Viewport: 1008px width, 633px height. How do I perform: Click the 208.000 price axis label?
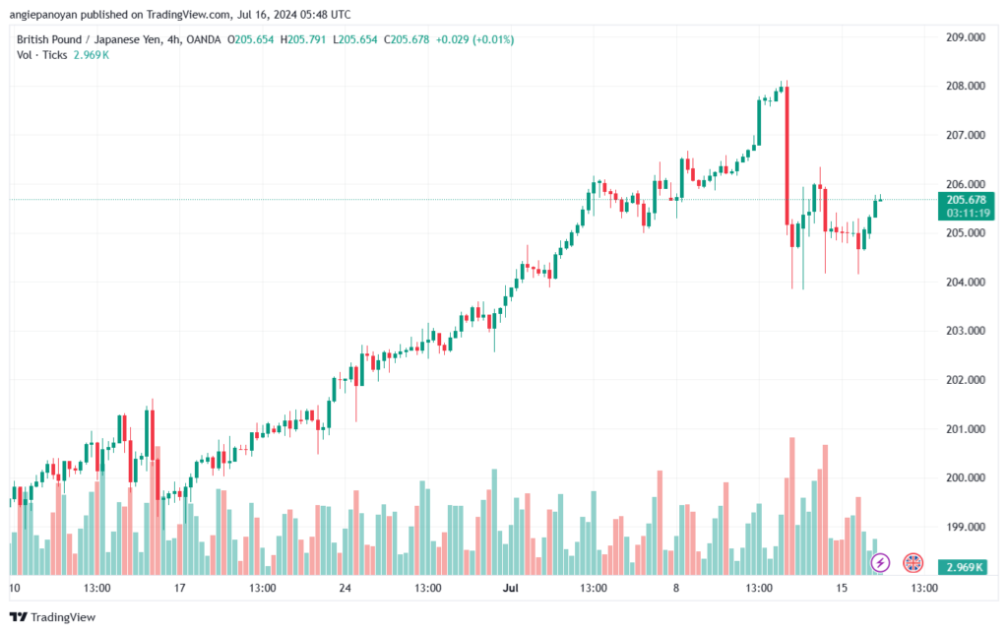tap(966, 86)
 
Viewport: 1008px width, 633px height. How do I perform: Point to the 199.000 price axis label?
tap(966, 527)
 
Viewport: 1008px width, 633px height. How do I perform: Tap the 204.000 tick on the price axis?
tap(966, 283)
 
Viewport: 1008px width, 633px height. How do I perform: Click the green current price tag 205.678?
tap(967, 200)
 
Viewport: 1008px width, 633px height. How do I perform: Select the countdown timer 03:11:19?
tap(969, 213)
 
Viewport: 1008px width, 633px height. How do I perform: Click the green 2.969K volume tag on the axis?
tap(963, 567)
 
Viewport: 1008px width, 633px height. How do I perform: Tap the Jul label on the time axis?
tap(511, 588)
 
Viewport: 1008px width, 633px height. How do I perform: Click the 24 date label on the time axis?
tap(346, 588)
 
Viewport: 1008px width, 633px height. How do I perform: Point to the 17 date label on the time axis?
tap(179, 588)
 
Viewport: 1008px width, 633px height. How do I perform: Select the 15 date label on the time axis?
tap(842, 588)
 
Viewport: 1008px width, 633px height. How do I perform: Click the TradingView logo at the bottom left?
tap(53, 617)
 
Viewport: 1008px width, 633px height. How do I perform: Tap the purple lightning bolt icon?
tap(880, 563)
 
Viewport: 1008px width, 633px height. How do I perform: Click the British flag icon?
tap(913, 563)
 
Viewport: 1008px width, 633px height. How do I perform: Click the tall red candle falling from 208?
tap(787, 156)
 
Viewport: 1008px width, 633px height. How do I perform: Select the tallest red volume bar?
tap(792, 506)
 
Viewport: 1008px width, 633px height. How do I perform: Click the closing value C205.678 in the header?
tap(407, 39)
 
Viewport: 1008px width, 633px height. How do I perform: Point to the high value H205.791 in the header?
tap(303, 39)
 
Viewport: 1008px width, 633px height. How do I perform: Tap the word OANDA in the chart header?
tap(203, 39)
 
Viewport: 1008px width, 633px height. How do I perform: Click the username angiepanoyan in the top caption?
tap(43, 14)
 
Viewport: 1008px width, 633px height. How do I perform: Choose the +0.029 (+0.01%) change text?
tap(475, 39)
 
